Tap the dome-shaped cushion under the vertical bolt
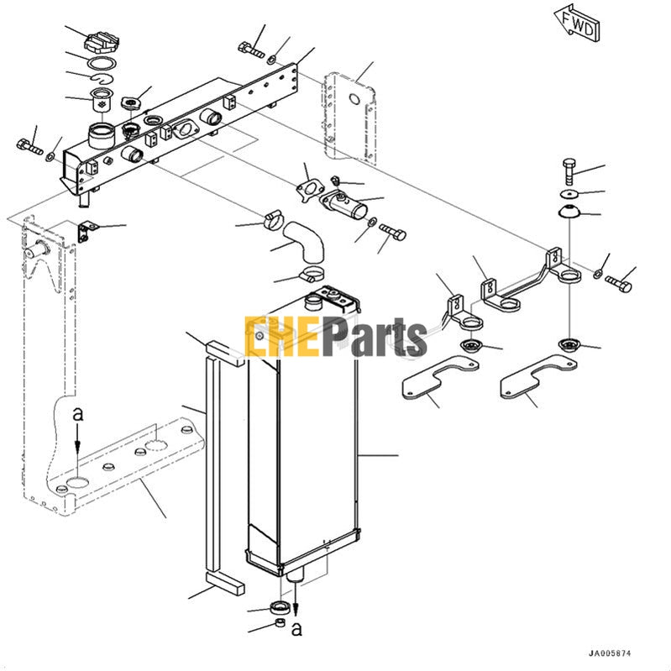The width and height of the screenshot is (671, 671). tap(570, 210)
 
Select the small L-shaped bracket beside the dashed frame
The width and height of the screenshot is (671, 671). tap(85, 228)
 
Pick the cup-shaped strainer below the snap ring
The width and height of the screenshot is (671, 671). tap(102, 98)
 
